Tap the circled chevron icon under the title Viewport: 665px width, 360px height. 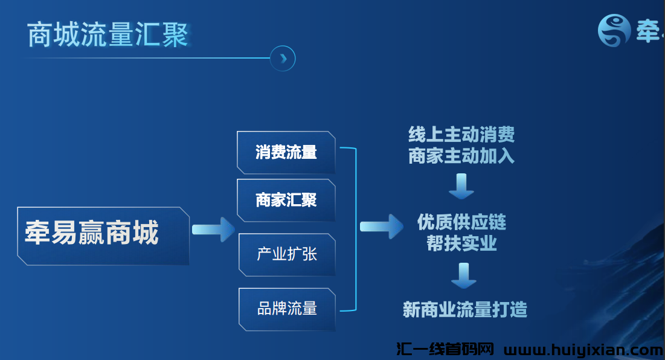click(x=283, y=59)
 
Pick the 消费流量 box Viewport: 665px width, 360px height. click(x=286, y=152)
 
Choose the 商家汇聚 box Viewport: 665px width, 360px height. click(x=286, y=200)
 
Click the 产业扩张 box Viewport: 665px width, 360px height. click(x=287, y=254)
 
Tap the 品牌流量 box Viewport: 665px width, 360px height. click(x=287, y=309)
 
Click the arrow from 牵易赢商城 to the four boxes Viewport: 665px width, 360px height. click(x=213, y=230)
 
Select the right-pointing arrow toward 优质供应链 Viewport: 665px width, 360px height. click(x=381, y=227)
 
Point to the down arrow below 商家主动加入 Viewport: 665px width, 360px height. click(x=461, y=185)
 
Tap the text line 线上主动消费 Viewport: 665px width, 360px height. click(x=461, y=134)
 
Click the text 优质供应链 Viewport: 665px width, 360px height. click(x=461, y=222)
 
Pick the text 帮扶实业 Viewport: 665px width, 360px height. click(x=461, y=243)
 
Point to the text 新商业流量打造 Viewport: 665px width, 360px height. click(x=464, y=310)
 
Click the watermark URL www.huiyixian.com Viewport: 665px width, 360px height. click(x=583, y=350)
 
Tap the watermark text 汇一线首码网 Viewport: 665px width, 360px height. click(x=445, y=350)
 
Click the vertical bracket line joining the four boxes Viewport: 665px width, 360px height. click(x=355, y=230)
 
